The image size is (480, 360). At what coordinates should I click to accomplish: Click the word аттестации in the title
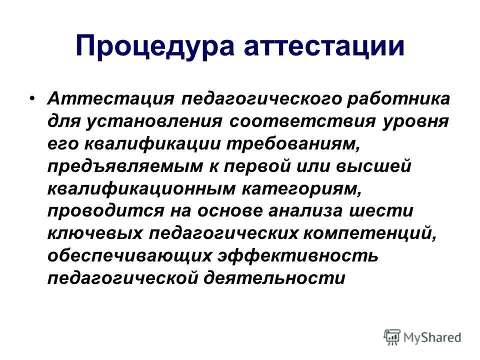click(324, 46)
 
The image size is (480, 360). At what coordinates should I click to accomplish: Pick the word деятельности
click(274, 278)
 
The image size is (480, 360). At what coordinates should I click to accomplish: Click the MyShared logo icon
click(391, 336)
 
